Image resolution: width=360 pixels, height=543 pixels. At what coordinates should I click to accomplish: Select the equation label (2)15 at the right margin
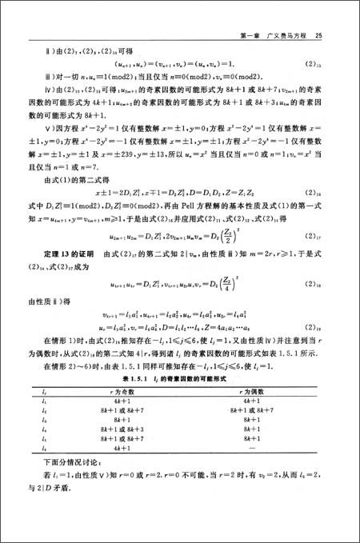click(314, 63)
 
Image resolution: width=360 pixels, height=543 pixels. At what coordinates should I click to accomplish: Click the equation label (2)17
click(314, 258)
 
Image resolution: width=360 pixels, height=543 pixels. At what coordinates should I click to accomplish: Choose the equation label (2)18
click(314, 305)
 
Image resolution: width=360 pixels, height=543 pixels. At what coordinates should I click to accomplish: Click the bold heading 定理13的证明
click(67, 277)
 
